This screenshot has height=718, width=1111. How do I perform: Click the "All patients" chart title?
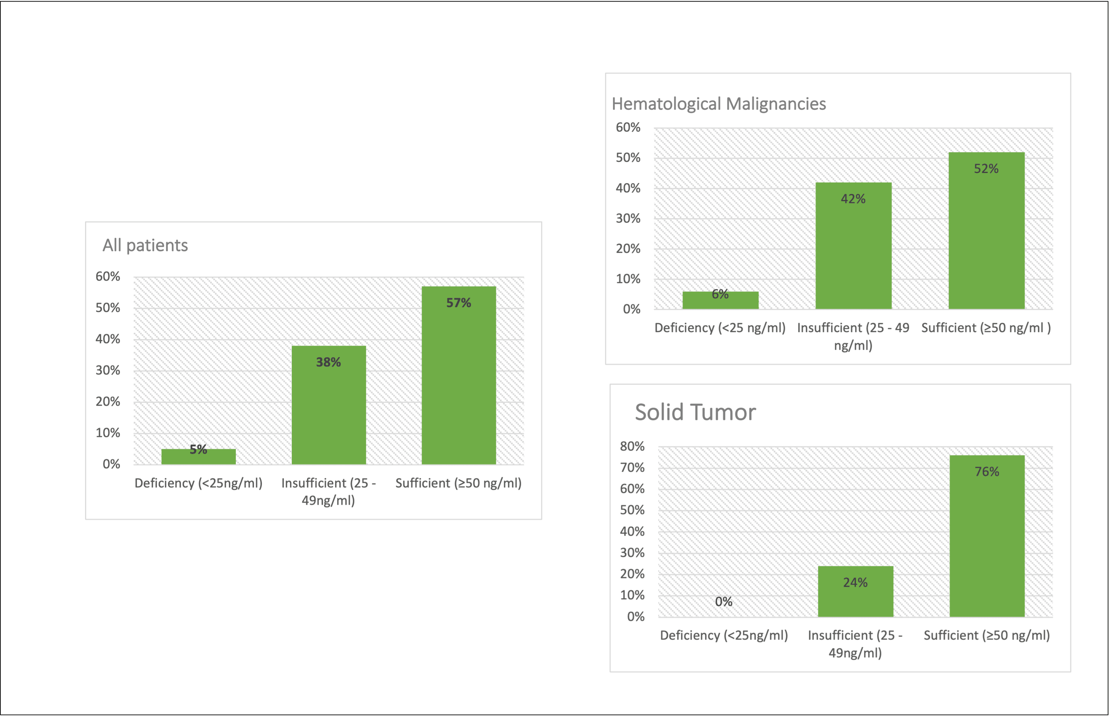145,245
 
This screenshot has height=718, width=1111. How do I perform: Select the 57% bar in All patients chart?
458,382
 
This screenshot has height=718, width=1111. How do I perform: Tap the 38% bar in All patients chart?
328,410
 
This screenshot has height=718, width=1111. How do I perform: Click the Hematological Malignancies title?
718,103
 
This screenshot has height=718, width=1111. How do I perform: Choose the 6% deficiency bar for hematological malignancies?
720,301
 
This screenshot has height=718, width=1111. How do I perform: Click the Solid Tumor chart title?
695,412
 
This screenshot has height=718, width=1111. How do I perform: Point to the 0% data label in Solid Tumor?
724,602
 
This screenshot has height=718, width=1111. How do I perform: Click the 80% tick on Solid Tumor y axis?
632,447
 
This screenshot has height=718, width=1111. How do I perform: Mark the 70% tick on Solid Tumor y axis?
632,468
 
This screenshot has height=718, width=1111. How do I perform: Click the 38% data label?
328,362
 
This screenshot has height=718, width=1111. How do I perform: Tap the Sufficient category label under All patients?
458,483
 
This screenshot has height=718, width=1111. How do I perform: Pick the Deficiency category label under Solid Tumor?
724,635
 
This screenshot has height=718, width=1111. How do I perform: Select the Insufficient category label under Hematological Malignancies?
853,336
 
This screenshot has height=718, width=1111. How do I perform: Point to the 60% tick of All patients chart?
108,276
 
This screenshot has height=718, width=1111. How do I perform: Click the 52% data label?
986,169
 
